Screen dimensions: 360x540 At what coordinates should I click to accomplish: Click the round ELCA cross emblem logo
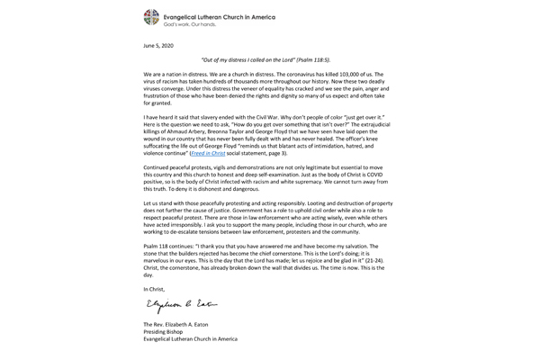pyautogui.click(x=152, y=17)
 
